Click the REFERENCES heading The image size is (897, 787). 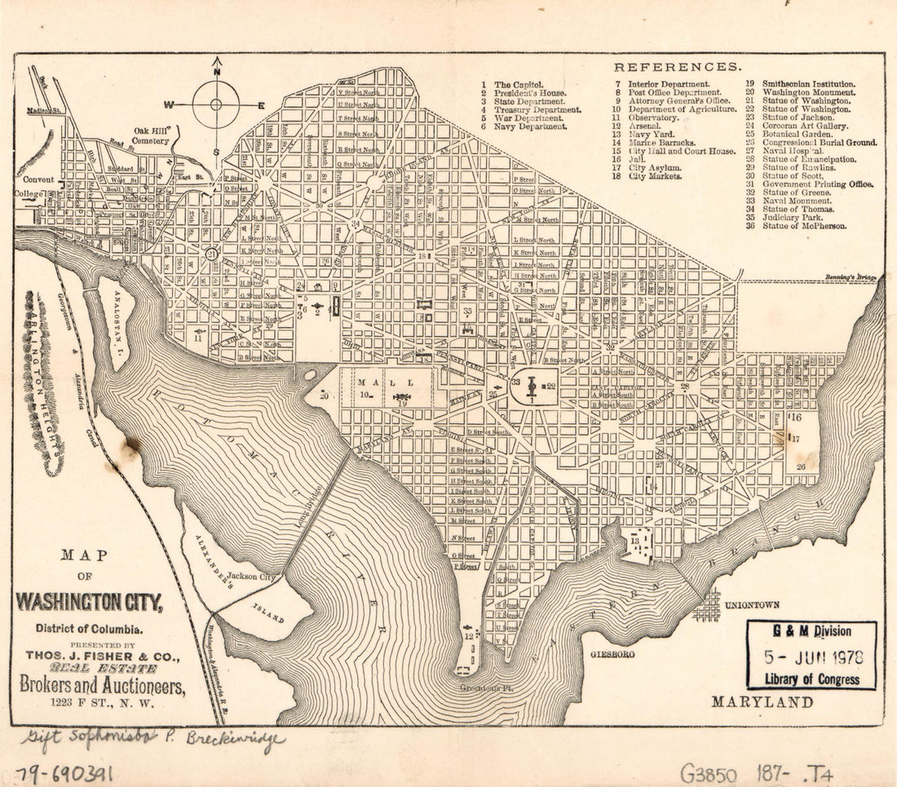coord(678,67)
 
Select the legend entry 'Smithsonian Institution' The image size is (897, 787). coord(808,84)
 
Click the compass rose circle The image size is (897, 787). coord(216,104)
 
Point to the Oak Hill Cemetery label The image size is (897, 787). coord(151,135)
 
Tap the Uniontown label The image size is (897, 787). coord(751,605)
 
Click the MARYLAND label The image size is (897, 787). coord(762,702)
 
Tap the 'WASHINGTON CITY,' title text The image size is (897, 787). coord(90,604)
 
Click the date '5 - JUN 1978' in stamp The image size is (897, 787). coord(812,657)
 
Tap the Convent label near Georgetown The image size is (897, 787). coord(38,180)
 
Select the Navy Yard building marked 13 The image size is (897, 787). coord(637,543)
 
